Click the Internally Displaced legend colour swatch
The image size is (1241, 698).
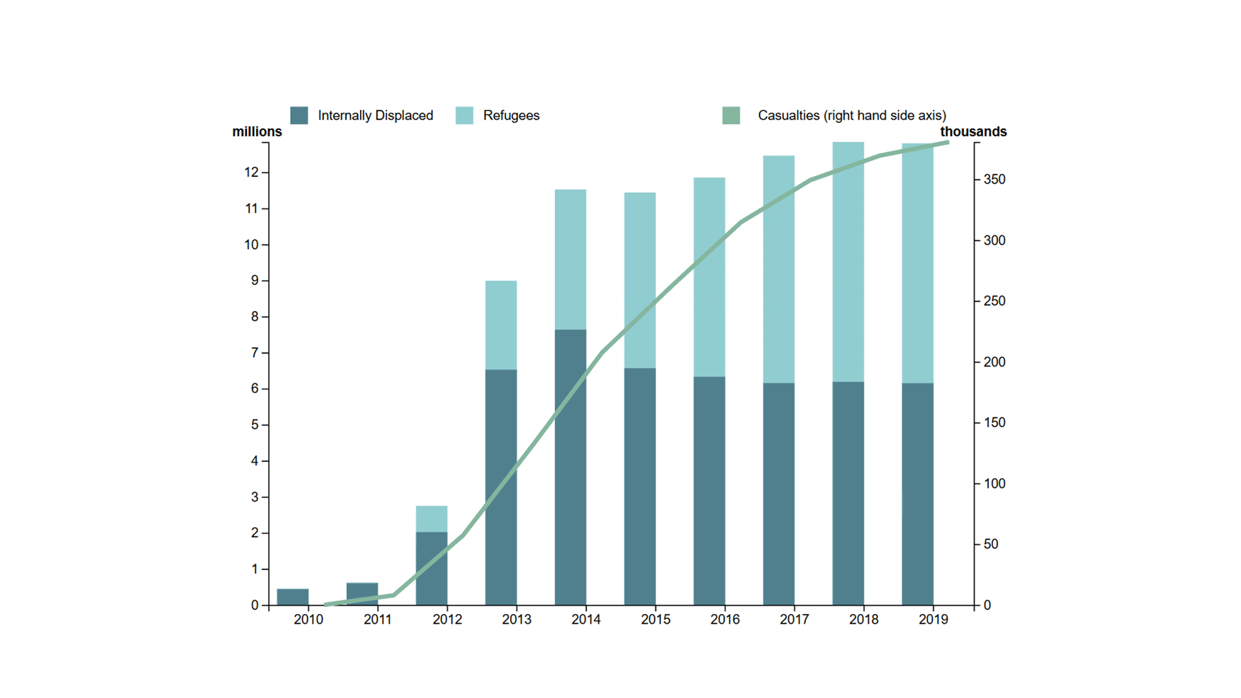pyautogui.click(x=299, y=116)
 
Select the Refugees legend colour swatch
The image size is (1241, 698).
pyautogui.click(x=464, y=116)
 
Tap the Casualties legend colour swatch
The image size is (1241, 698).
pyautogui.click(x=731, y=116)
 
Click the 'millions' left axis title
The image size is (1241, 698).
pyautogui.click(x=257, y=132)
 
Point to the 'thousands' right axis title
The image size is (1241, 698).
pyautogui.click(x=973, y=132)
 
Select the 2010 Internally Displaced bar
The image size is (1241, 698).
pyautogui.click(x=293, y=597)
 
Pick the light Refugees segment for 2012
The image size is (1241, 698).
pyautogui.click(x=432, y=519)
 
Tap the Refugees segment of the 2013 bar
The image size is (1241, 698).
pyautogui.click(x=501, y=325)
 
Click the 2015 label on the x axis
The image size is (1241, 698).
pyautogui.click(x=655, y=620)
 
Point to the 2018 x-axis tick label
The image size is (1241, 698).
pyautogui.click(x=864, y=620)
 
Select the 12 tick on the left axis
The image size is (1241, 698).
pyautogui.click(x=251, y=173)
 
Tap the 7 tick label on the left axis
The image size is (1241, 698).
pyautogui.click(x=255, y=353)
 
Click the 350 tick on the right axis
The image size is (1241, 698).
pyautogui.click(x=994, y=180)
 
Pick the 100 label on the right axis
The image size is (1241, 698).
pyautogui.click(x=994, y=483)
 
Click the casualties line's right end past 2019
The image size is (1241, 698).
pyautogui.click(x=947, y=142)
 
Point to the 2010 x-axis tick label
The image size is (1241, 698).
pyautogui.click(x=308, y=620)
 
